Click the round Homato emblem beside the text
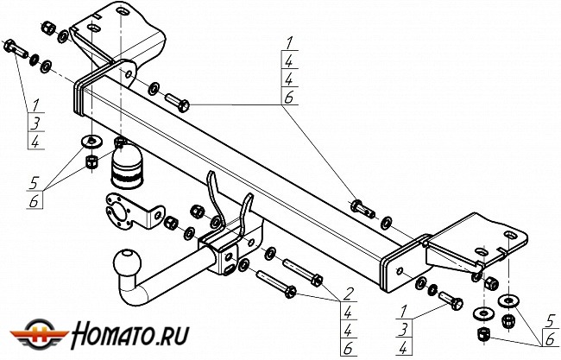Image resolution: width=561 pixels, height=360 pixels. click(35, 333)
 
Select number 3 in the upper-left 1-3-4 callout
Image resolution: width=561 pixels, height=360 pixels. click(35, 123)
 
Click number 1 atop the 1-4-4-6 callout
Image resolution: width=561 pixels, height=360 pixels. click(289, 42)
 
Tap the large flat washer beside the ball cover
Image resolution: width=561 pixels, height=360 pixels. click(90, 140)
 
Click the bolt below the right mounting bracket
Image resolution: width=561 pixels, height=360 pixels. click(451, 300)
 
